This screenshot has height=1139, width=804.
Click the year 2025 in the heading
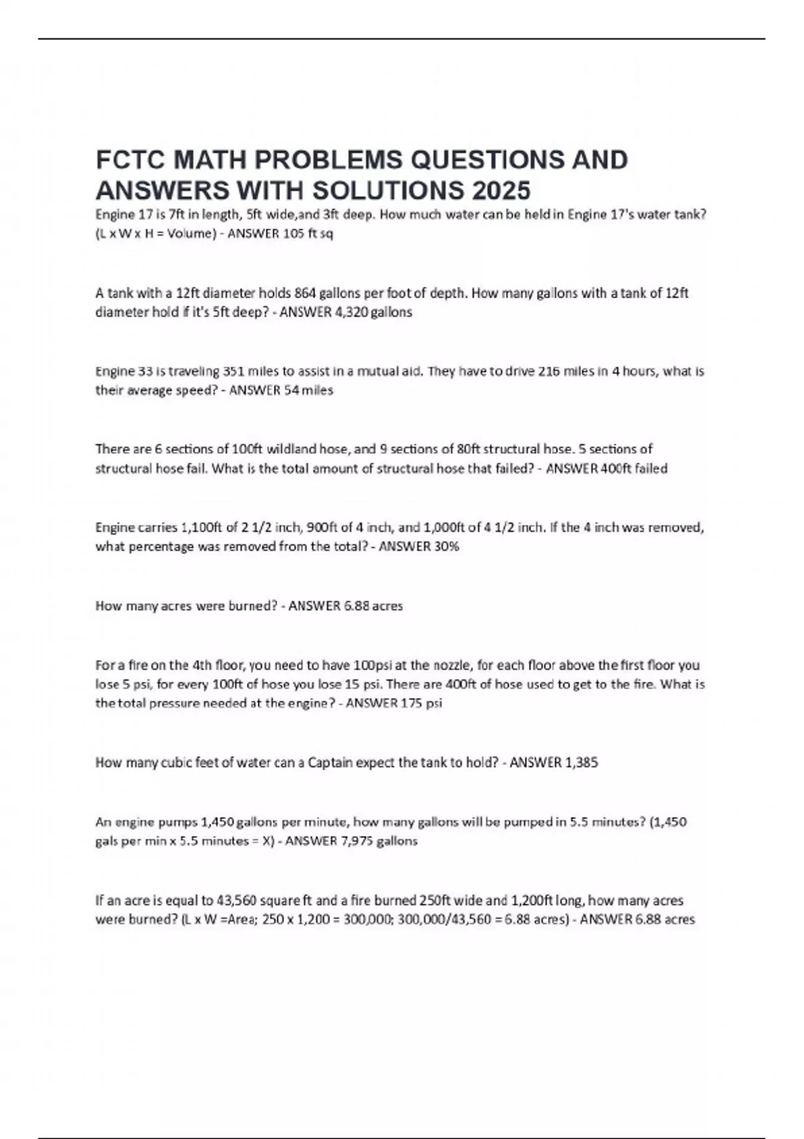[500, 191]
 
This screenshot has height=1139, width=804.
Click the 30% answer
[446, 547]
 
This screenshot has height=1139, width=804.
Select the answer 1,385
[582, 762]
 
